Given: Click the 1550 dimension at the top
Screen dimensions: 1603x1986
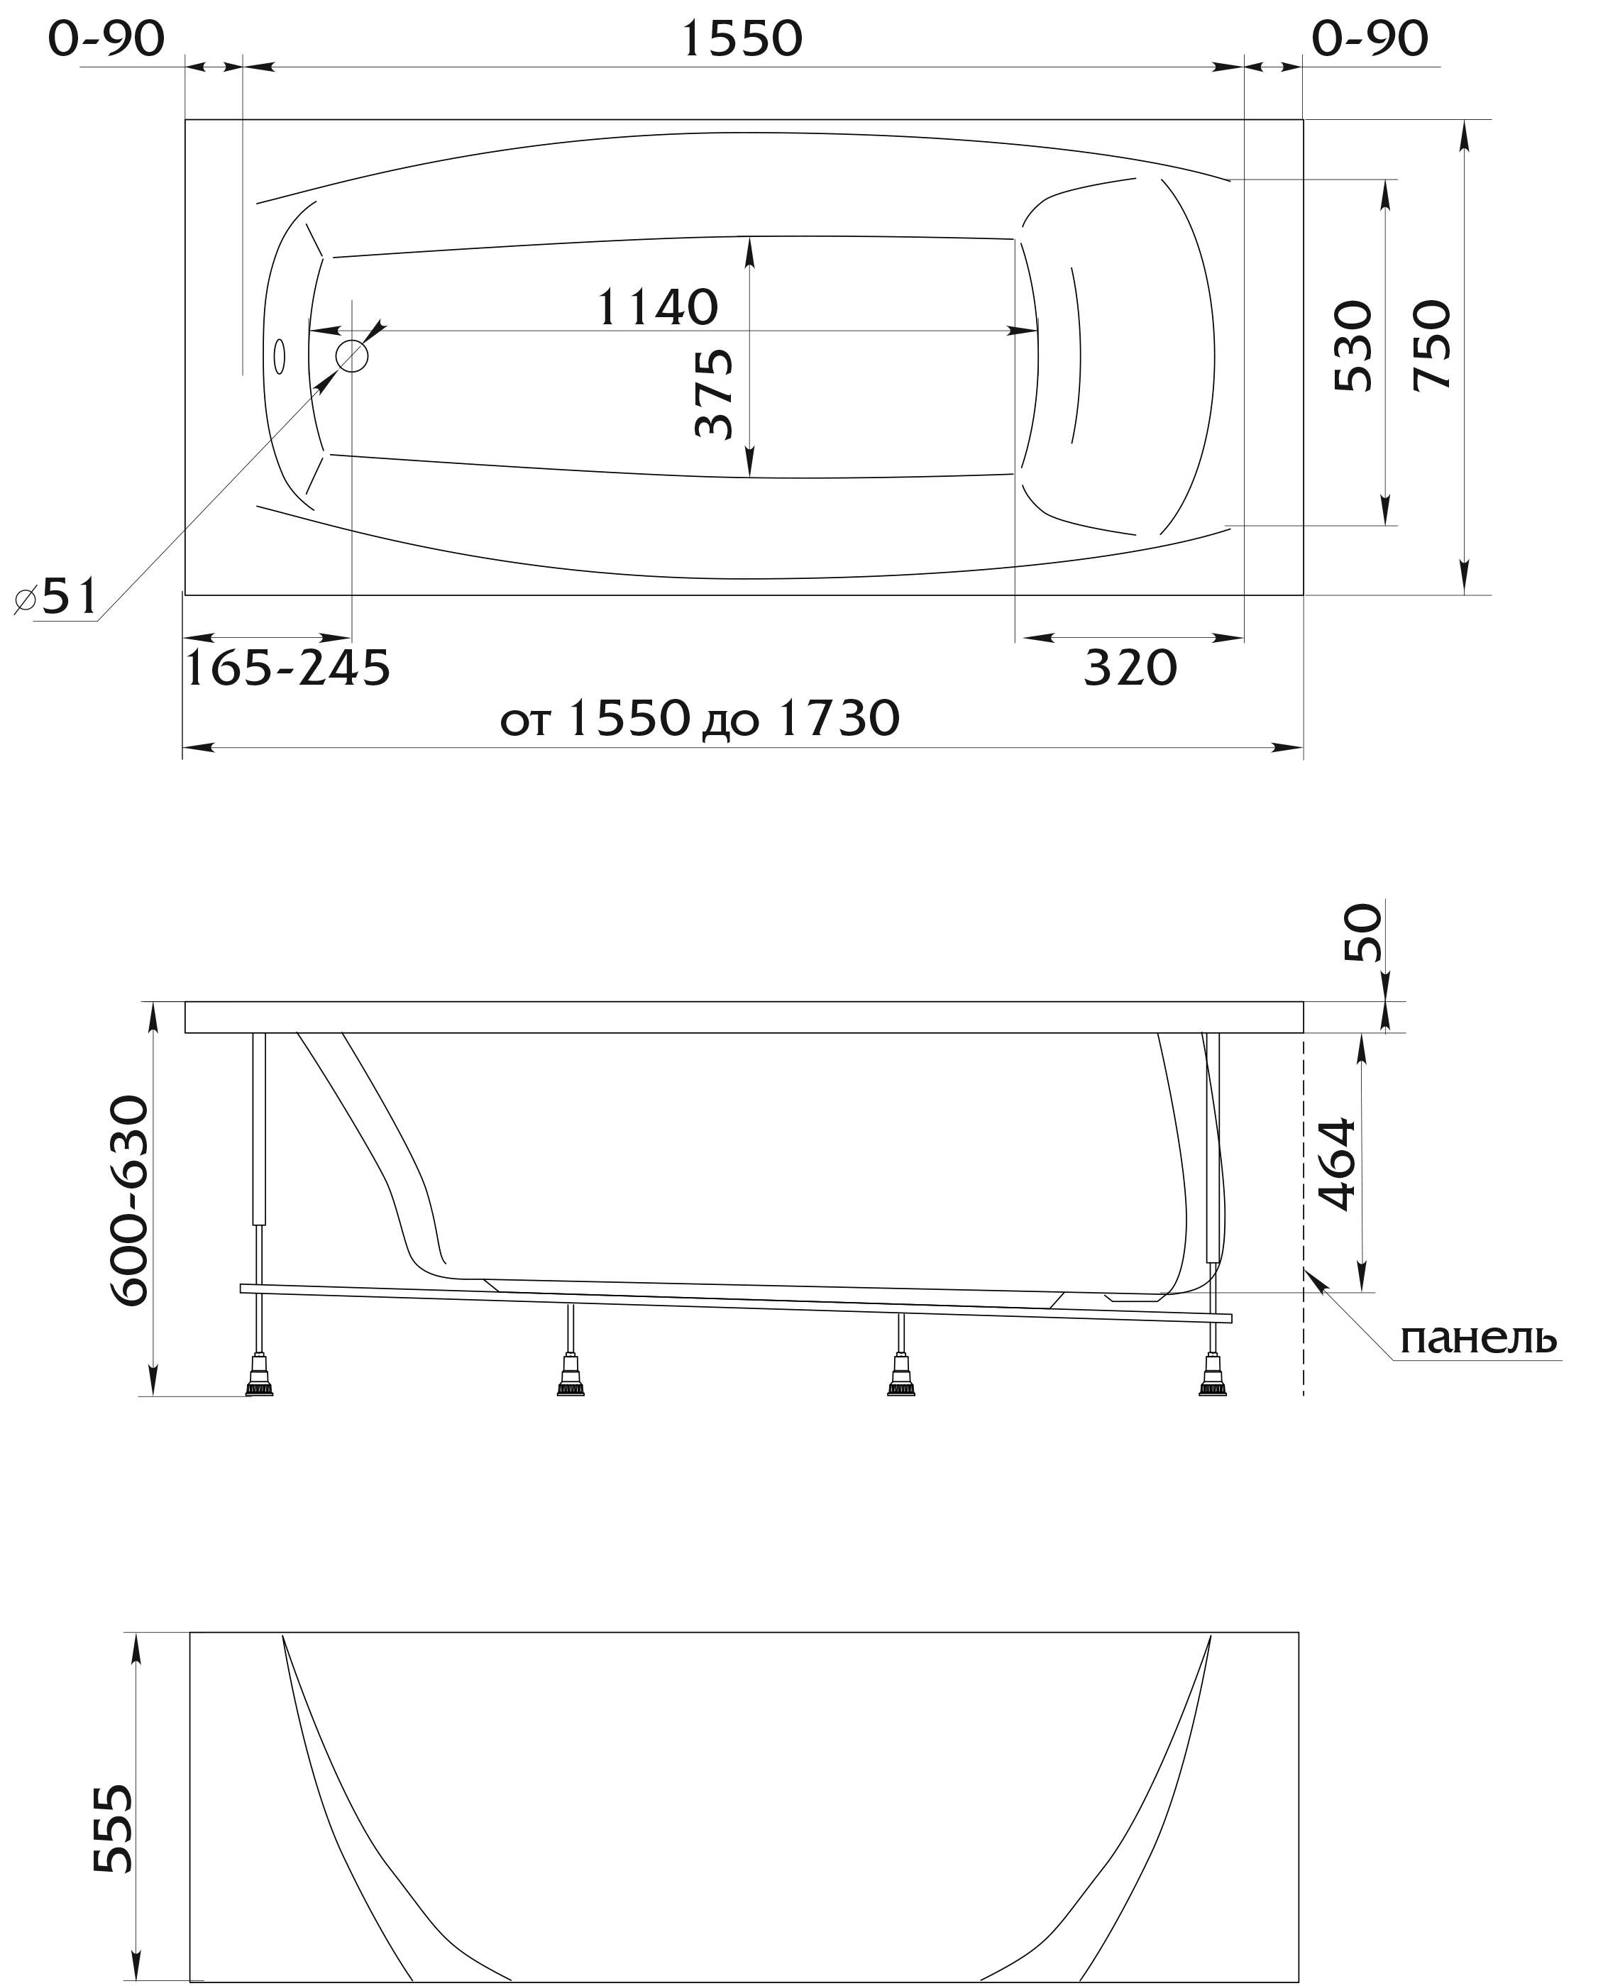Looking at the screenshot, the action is click(x=742, y=40).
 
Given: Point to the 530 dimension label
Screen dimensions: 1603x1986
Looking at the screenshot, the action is click(x=1354, y=346).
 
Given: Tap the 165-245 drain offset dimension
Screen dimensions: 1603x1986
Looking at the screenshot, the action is click(x=288, y=668).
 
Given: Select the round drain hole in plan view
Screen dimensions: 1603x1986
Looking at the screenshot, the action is click(x=352, y=355).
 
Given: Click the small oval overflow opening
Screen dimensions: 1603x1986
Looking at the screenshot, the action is click(x=279, y=356).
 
